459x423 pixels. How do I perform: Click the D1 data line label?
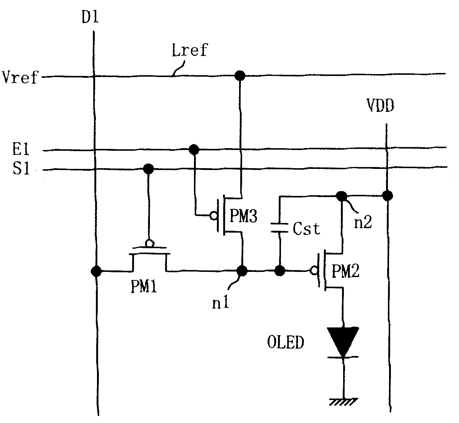[x=90, y=17]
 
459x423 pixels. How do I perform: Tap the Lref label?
[x=190, y=50]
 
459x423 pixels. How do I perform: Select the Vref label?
[x=20, y=77]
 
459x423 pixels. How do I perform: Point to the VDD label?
[x=380, y=106]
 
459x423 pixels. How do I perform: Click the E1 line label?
[x=21, y=149]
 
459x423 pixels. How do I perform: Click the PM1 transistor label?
[x=144, y=286]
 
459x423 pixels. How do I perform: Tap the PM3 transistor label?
[x=244, y=216]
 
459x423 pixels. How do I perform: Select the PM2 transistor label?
[x=345, y=271]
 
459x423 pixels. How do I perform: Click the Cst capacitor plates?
[x=279, y=228]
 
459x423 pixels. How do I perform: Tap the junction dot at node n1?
[x=242, y=271]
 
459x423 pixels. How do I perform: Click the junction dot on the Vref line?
[x=240, y=76]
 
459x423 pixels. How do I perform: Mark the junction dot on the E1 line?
[x=194, y=150]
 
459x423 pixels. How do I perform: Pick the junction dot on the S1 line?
[x=148, y=169]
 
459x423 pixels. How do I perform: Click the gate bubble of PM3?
[x=214, y=216]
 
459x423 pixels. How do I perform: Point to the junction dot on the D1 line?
[x=96, y=272]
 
